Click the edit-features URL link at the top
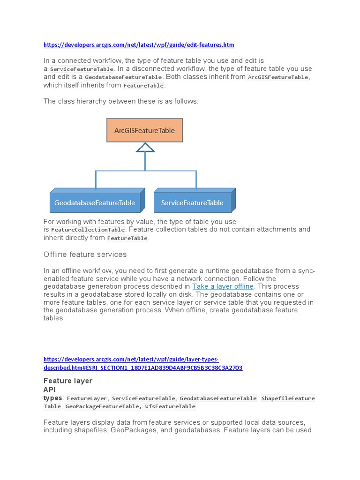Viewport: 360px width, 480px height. [x=139, y=45]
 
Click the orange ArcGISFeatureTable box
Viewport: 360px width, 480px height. [x=144, y=130]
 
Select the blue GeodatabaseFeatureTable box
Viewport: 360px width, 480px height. [x=95, y=202]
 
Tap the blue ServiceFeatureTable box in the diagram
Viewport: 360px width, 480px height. [x=192, y=202]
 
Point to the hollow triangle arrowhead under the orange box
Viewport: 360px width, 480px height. [x=145, y=148]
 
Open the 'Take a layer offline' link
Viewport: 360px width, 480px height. [x=223, y=286]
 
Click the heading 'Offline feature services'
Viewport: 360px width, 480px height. [x=85, y=255]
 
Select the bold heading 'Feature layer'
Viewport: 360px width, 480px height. [x=68, y=381]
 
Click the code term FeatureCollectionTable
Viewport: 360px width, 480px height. [x=88, y=230]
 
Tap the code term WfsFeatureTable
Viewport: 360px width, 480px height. [x=170, y=406]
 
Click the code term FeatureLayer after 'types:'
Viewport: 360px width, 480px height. [x=87, y=398]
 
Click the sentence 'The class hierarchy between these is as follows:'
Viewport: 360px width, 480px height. [x=121, y=101]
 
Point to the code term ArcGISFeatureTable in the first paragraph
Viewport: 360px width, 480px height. [x=278, y=77]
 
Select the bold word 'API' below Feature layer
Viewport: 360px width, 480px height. [x=50, y=390]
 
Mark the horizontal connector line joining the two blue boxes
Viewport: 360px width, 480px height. [x=145, y=171]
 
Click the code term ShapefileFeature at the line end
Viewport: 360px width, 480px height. [x=288, y=398]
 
